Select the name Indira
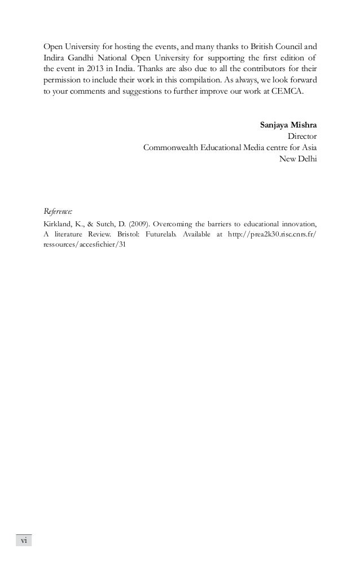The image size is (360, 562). (55, 57)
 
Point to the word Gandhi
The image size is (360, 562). (88, 57)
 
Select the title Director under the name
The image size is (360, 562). (302, 136)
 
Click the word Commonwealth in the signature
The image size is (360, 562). (174, 147)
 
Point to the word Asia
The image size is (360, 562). (308, 147)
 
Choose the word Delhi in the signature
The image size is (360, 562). (306, 158)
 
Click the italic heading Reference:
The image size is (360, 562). (58, 212)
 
